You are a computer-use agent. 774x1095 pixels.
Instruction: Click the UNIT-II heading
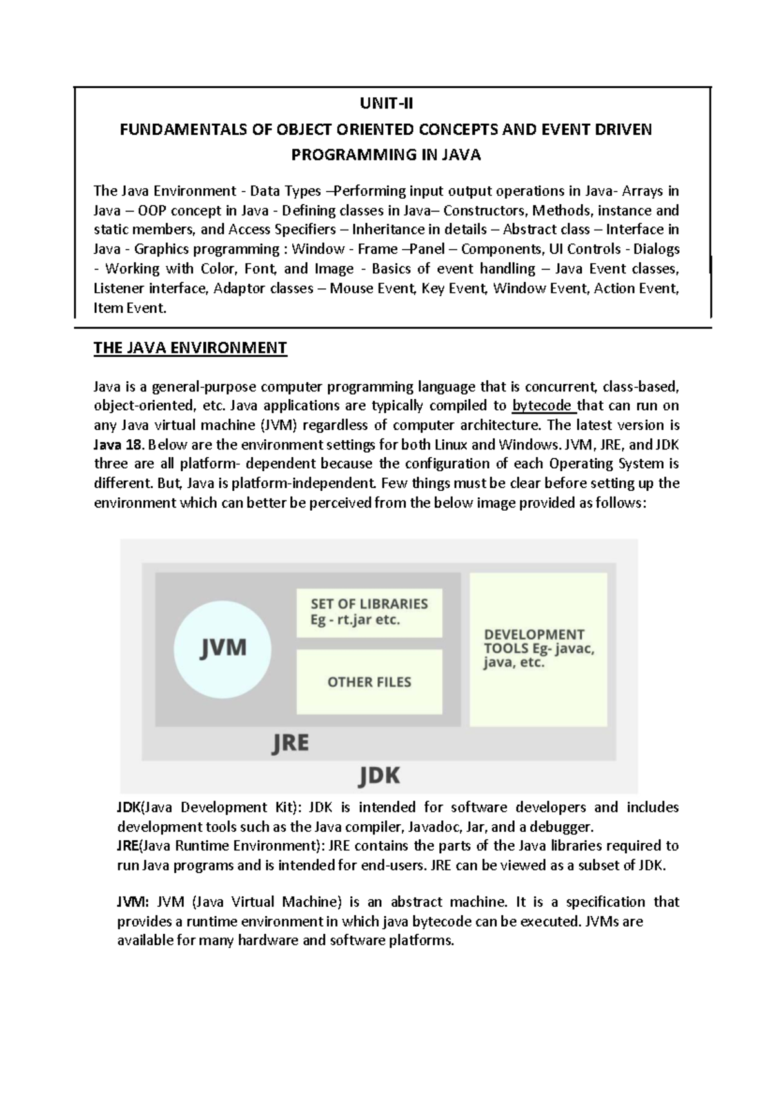coord(386,103)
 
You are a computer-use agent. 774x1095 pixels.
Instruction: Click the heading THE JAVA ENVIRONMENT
coord(190,348)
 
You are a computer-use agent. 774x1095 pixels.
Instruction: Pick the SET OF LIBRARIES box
coord(369,612)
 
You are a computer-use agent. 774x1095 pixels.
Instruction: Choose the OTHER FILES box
coord(369,682)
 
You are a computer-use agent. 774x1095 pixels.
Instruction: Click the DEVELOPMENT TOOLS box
coord(539,649)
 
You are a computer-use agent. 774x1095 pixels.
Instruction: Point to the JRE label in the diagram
coord(290,744)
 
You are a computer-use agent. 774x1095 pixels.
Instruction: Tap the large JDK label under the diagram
coord(379,774)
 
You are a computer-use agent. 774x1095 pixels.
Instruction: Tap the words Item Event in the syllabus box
coord(129,308)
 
